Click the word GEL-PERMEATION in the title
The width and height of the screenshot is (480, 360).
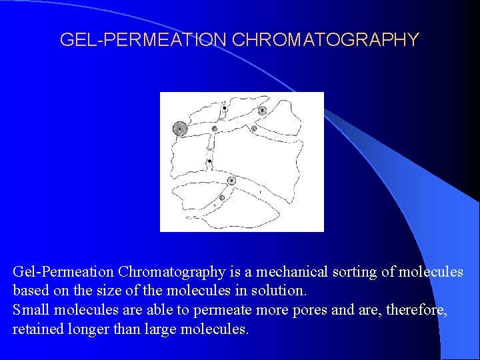143,40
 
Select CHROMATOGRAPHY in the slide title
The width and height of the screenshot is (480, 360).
325,40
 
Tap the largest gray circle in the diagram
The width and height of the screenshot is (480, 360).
179,128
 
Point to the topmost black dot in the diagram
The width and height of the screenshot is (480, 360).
225,108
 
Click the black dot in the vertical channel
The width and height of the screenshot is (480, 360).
209,161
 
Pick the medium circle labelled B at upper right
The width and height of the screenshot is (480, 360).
262,110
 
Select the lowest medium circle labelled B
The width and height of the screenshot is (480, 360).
231,181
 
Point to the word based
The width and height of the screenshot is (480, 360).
31,291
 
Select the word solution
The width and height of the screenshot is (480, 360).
279,291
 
